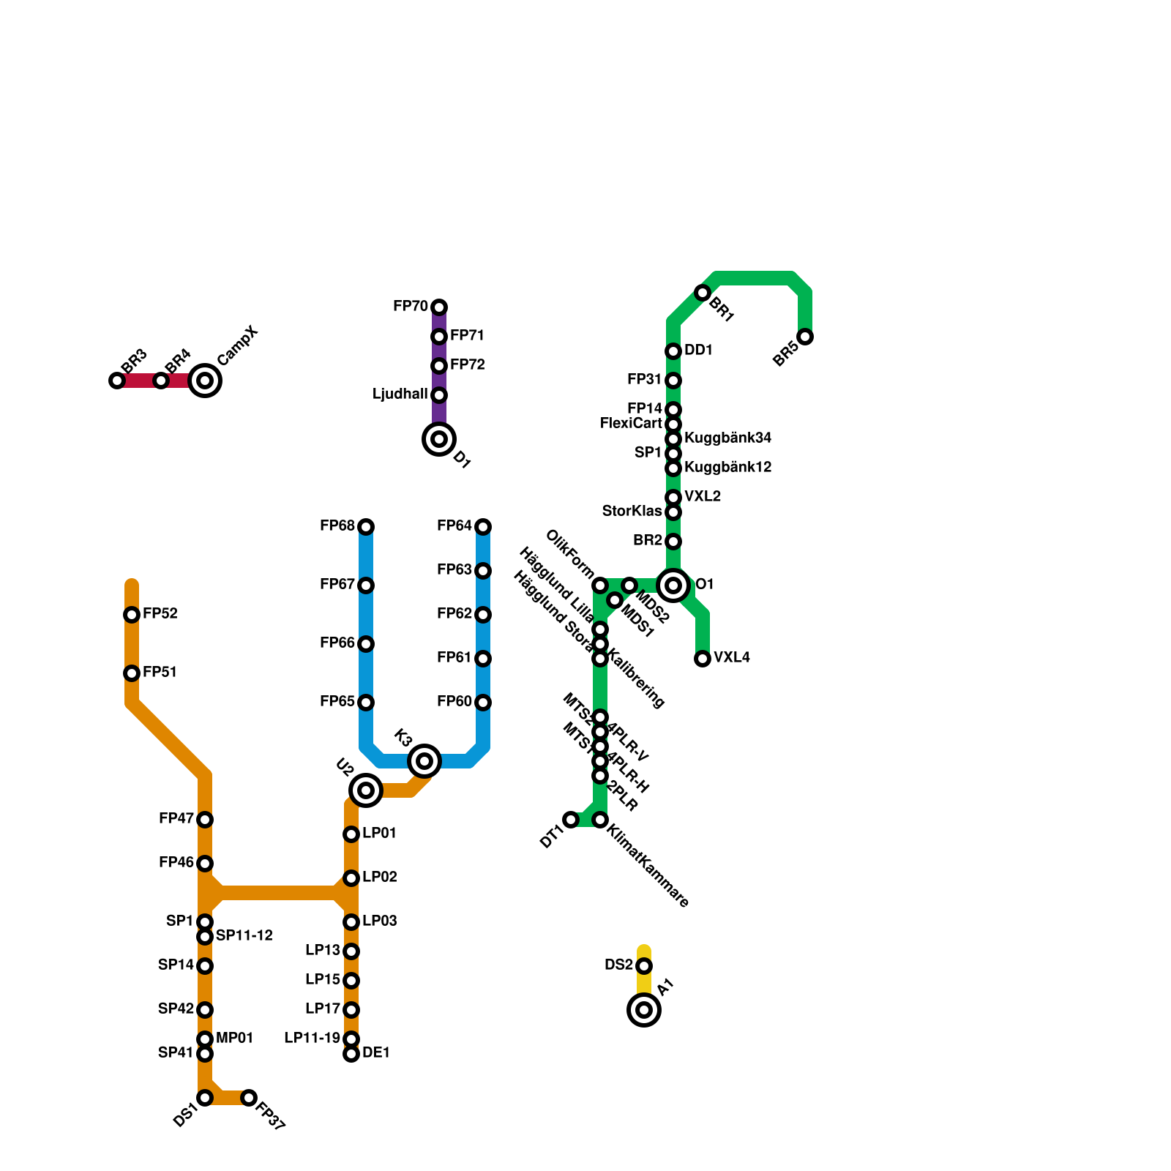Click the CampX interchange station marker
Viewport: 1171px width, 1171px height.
tap(205, 381)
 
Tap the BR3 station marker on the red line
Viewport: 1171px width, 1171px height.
tap(117, 381)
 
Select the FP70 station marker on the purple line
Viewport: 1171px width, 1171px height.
tap(439, 307)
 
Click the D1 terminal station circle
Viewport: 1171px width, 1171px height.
tap(439, 439)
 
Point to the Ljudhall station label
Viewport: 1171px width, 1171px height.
tap(400, 394)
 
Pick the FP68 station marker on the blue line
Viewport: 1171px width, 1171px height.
tap(366, 527)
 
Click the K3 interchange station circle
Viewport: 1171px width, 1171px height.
tap(424, 761)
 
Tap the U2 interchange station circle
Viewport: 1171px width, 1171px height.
tap(366, 790)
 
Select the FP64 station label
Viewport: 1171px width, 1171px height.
tap(454, 526)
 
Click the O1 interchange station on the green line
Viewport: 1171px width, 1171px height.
tap(673, 585)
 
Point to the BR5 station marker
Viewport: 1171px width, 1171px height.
tap(805, 337)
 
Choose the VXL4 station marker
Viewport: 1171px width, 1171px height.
tap(703, 659)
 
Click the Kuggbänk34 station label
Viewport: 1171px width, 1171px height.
tap(727, 438)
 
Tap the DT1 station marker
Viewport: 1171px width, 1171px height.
tap(571, 820)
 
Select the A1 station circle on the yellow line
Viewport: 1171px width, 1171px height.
tap(644, 1010)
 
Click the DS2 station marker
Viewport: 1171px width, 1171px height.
tap(644, 966)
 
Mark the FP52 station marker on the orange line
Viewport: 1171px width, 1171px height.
tap(132, 615)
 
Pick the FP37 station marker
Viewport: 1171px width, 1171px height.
tap(249, 1098)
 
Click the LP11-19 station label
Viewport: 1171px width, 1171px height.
tap(313, 1039)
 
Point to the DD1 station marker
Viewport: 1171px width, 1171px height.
tap(673, 351)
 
